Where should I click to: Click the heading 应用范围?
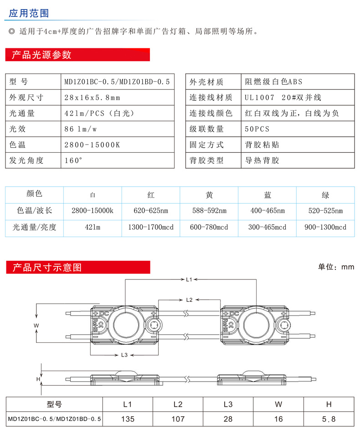29,13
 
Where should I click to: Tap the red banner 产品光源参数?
41,55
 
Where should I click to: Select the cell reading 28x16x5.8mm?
93,98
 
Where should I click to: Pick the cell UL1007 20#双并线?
283,98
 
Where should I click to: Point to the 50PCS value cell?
257,129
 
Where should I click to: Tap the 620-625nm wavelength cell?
151,211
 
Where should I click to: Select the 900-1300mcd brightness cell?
325,227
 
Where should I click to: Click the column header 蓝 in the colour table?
267,195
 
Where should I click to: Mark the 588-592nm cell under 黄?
209,211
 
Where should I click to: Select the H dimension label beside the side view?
38,379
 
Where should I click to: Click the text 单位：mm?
336,267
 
